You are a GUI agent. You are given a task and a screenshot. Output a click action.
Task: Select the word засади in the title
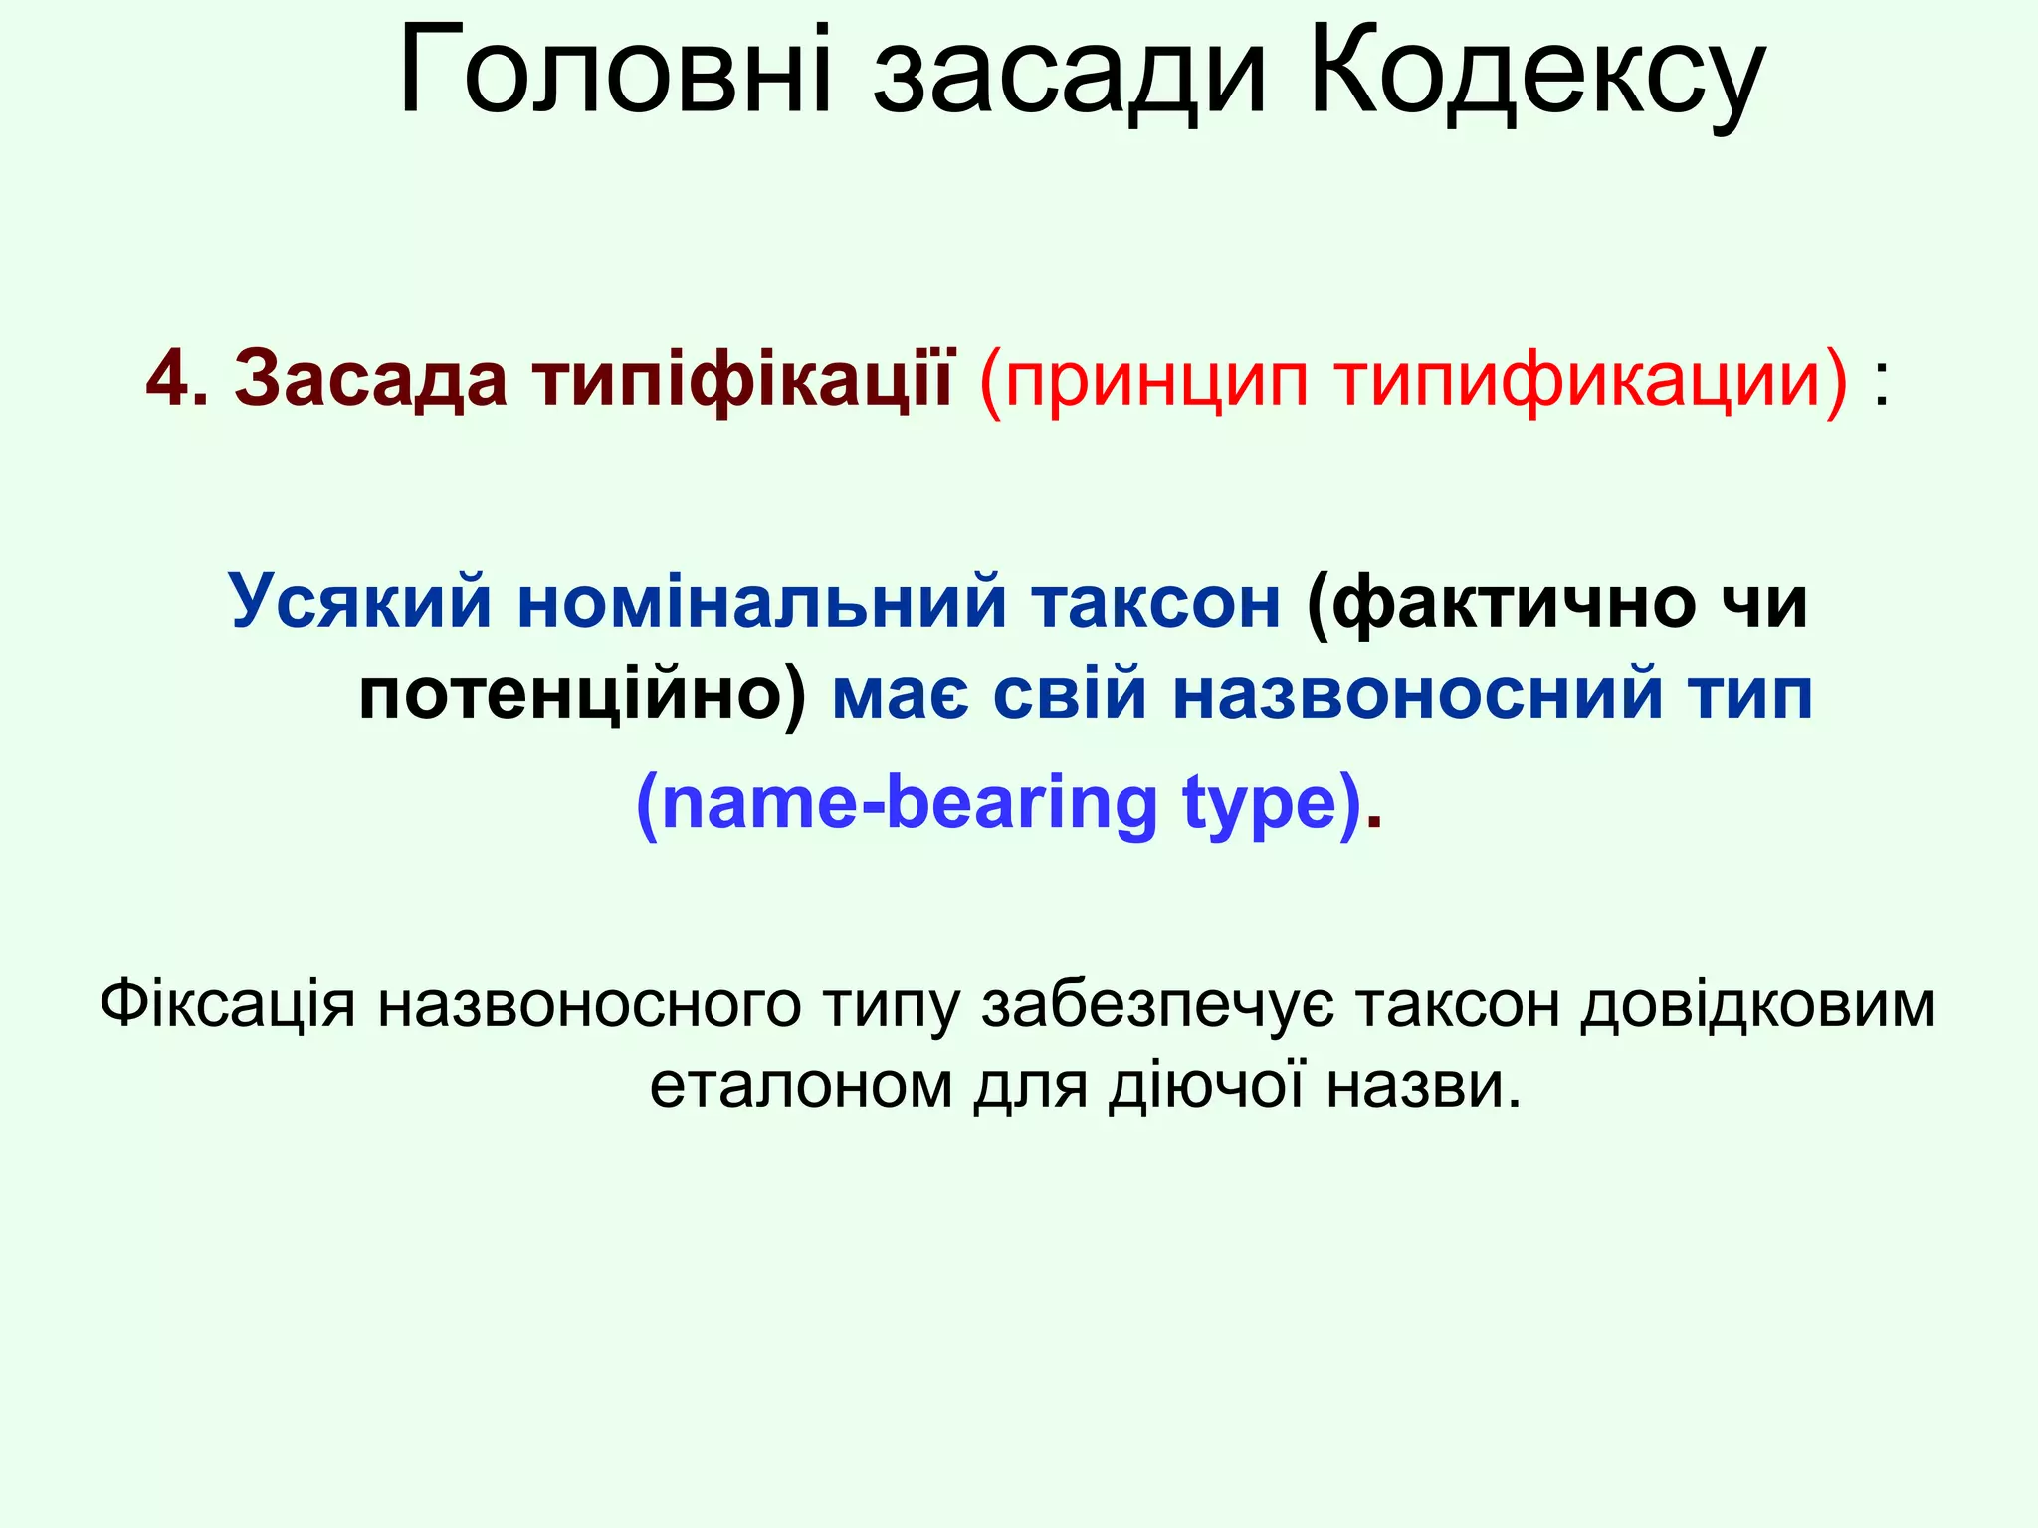[1070, 76]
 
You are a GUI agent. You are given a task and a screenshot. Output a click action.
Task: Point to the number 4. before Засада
[177, 379]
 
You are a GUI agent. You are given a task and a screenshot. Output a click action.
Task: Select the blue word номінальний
[762, 602]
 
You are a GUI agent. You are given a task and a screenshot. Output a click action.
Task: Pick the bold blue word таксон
[1155, 602]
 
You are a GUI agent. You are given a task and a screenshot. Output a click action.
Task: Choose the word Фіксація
[227, 1004]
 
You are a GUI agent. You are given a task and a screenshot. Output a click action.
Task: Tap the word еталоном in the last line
[801, 1085]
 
